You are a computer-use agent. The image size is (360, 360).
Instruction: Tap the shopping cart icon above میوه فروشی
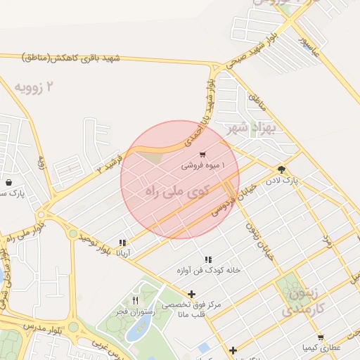[202, 155]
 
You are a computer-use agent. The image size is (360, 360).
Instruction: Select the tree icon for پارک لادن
[282, 169]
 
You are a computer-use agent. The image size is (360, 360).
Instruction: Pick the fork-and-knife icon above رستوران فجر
[135, 300]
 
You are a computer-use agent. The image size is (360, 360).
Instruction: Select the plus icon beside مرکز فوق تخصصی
[191, 294]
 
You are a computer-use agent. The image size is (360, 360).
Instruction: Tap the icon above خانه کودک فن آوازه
[208, 259]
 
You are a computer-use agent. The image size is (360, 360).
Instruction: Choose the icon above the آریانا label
[122, 242]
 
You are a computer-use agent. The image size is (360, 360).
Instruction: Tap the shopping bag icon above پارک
[8, 182]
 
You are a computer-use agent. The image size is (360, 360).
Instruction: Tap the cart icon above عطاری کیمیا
[321, 337]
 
